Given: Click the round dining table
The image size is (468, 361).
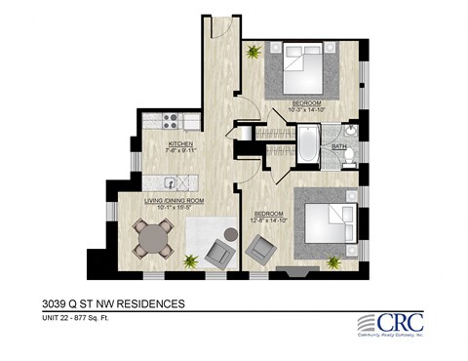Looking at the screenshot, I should (153, 236).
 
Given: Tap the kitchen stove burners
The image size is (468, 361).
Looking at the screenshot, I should (169, 123).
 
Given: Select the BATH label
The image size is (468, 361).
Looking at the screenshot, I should (338, 146).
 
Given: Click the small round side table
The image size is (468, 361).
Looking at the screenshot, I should (230, 234).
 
